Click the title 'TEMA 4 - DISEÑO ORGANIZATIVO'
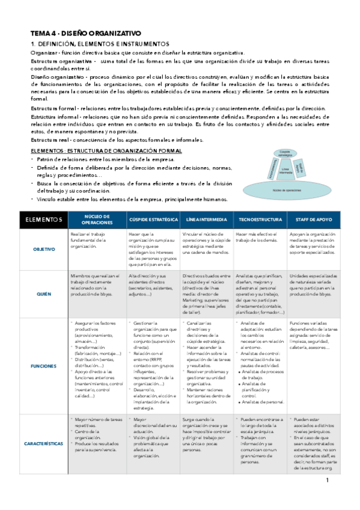pyautogui.click(x=86, y=34)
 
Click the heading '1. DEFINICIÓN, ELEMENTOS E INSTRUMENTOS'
pyautogui.click(x=100, y=45)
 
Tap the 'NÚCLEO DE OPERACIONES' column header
pyautogui.click(x=97, y=220)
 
